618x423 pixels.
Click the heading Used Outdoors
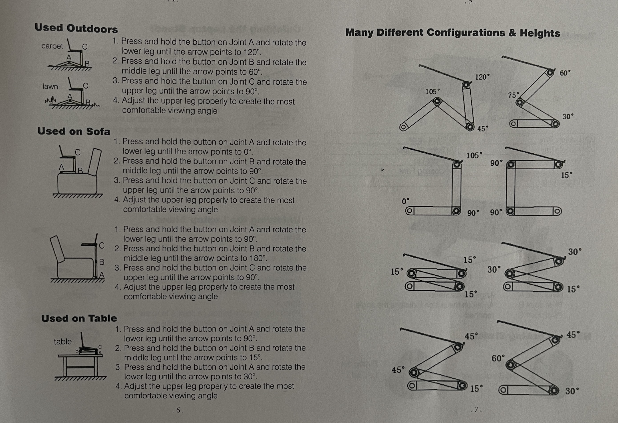tap(76, 28)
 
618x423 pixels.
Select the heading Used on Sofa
tap(74, 131)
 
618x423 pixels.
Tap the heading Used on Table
tap(79, 318)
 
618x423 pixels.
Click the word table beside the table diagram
tap(63, 341)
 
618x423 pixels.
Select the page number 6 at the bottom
tap(178, 410)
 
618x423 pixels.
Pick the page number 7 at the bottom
tap(476, 409)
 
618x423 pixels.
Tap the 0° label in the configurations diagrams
tap(406, 201)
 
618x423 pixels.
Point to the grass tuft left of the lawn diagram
tap(50, 100)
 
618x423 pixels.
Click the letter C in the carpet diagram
tap(85, 47)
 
